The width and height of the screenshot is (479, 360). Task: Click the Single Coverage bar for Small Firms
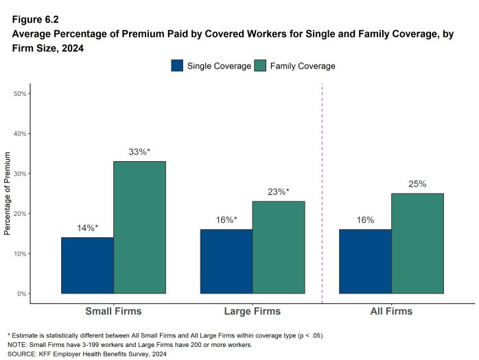coord(87,265)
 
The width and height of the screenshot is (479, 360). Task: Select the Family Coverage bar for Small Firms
coord(139,227)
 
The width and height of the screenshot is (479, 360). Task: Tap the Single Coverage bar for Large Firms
coord(226,261)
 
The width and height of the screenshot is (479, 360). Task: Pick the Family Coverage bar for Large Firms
coord(278,247)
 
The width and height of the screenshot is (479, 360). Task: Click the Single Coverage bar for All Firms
coord(365,261)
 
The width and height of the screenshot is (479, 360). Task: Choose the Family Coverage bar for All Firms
coord(417,243)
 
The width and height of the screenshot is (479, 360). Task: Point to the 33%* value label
coord(139,152)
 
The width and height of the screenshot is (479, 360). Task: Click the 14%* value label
coord(87,228)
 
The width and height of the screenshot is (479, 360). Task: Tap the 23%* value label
coord(278,192)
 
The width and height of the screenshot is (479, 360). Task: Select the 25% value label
coord(417,184)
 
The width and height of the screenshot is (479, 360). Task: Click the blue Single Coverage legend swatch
coord(177,66)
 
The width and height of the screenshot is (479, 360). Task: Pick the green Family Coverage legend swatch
coord(260,66)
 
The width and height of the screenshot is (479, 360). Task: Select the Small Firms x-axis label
coord(113,311)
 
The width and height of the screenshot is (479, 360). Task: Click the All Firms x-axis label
coord(391,311)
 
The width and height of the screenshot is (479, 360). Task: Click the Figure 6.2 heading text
coord(34,11)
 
